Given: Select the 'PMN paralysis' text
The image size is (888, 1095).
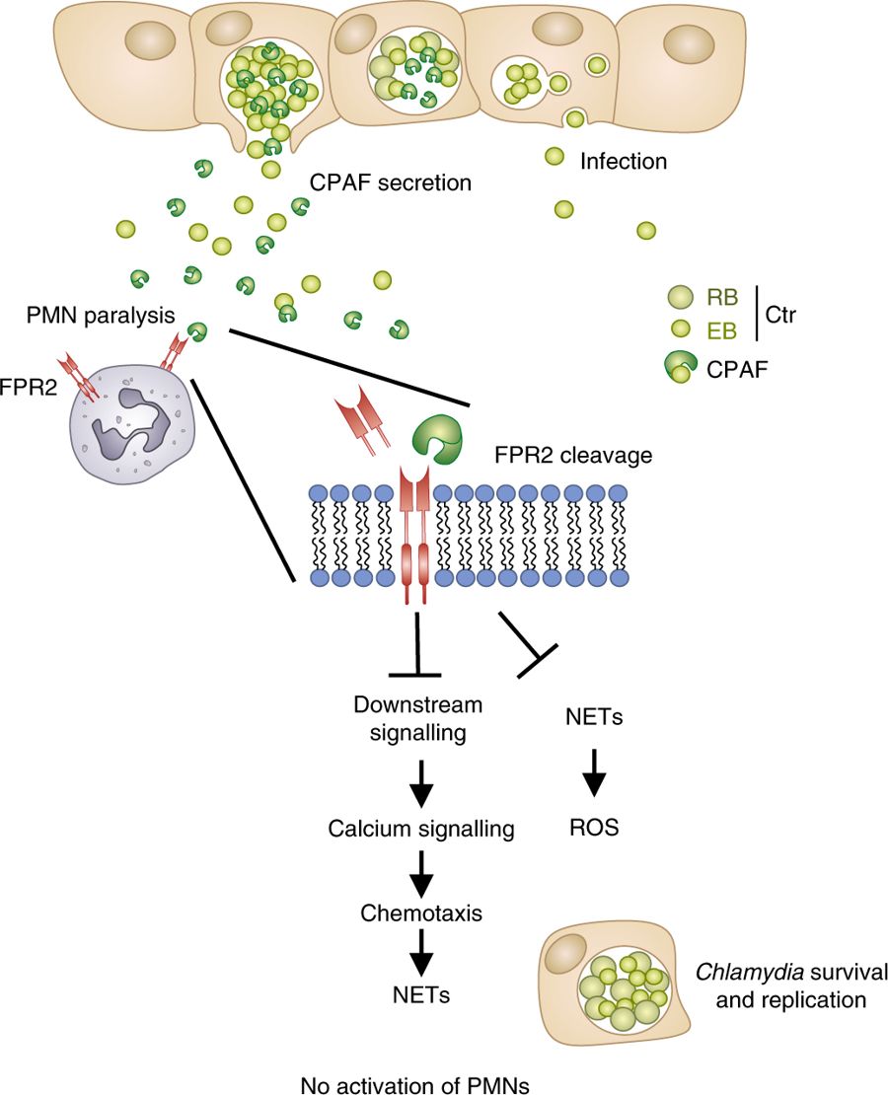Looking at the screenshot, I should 102,316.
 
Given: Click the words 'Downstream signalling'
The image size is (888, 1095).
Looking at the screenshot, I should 418,719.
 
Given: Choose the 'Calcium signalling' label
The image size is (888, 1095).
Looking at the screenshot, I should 421,829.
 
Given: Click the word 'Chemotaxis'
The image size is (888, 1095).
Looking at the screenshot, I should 420,912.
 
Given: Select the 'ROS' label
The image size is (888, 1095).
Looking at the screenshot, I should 594,828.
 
